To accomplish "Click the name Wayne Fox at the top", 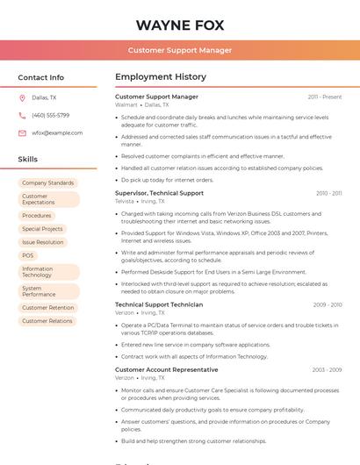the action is point(180,25).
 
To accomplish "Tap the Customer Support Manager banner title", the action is point(180,50).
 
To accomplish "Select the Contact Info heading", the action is point(41,77).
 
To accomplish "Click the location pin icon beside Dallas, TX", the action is point(22,97).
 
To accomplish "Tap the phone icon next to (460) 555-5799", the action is point(22,115).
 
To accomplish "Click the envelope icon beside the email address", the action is point(22,133).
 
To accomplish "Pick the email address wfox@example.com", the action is point(57,133).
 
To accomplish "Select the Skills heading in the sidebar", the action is point(28,160).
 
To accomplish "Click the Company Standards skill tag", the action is point(48,182).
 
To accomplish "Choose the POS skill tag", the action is point(28,255).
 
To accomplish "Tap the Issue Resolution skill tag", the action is point(43,242).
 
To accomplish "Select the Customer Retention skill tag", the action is point(48,308).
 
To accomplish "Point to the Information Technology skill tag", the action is point(38,272).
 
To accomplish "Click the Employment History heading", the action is point(161,77).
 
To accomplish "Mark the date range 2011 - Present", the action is point(325,97).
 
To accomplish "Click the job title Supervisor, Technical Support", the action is point(159,193).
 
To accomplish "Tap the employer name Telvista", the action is point(125,201).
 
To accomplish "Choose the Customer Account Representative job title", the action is point(167,369).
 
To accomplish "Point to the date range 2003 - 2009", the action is point(327,369).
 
